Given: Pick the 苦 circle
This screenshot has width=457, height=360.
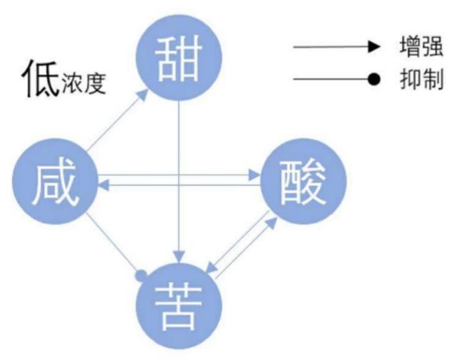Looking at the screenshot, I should [179, 306].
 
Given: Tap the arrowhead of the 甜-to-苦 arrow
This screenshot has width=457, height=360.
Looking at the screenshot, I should [179, 256].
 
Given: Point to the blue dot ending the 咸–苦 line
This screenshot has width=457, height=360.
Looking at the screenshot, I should [141, 274].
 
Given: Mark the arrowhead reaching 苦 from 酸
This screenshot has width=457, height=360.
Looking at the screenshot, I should [208, 269].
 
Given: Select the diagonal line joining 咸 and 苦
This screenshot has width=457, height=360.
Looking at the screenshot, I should [114, 245].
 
